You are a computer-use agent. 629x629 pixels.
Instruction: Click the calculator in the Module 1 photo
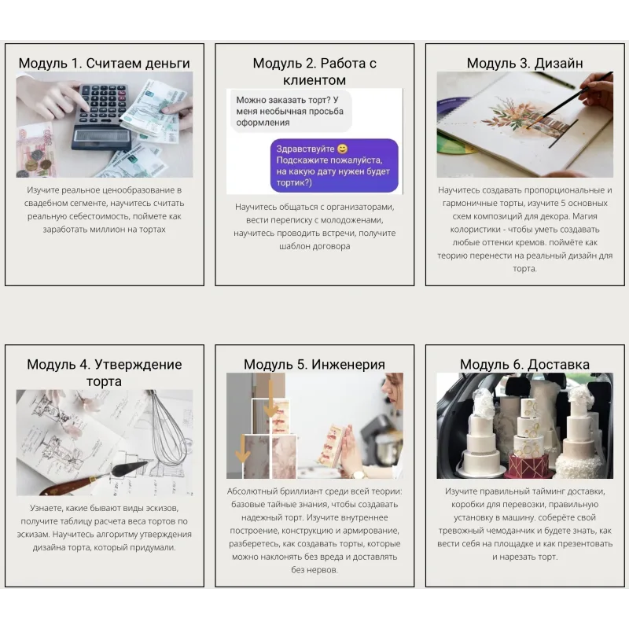tap(102, 116)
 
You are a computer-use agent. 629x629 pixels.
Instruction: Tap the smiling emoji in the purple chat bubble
tap(342, 149)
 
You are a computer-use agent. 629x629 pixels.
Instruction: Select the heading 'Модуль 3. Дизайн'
tap(524, 63)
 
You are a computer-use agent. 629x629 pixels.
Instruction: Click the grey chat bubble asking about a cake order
tap(290, 111)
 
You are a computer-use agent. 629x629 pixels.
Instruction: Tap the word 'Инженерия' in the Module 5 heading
tap(348, 364)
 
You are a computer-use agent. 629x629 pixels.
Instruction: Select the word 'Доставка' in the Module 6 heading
tap(558, 364)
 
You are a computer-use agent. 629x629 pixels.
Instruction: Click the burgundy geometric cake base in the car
tap(528, 465)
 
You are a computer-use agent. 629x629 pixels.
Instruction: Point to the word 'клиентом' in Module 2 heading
tap(314, 80)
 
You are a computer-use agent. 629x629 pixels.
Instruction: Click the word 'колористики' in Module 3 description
tap(475, 230)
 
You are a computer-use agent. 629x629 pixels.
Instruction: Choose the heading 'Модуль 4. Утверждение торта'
tap(105, 373)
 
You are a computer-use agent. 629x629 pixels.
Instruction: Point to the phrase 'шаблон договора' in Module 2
tap(314, 246)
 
